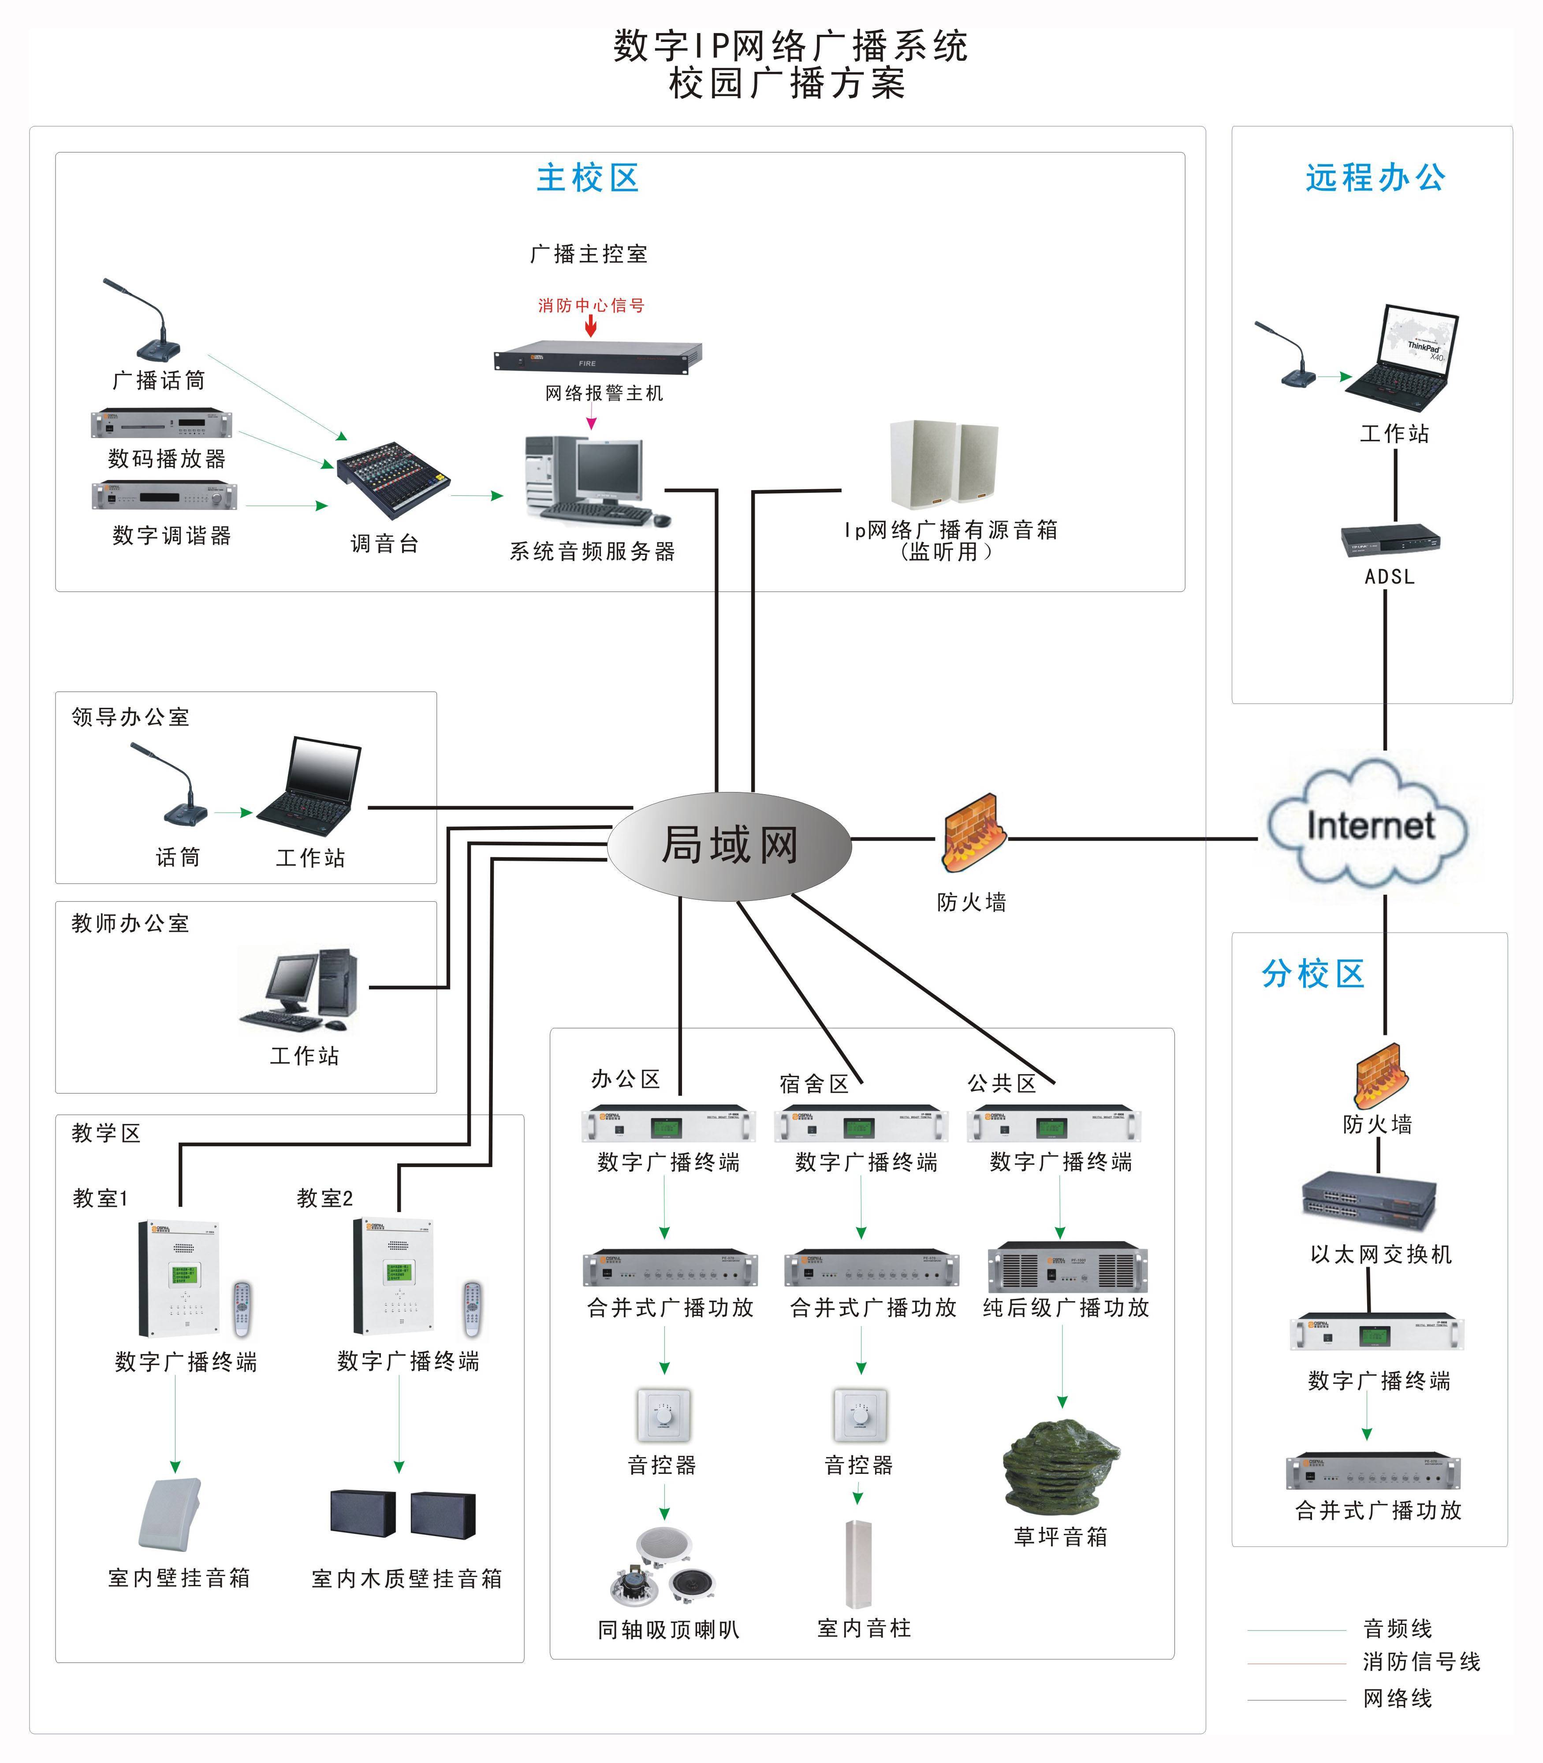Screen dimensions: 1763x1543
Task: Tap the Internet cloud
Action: (1369, 826)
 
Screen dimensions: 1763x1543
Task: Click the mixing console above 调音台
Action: (393, 479)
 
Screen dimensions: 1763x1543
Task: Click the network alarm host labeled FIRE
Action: (597, 357)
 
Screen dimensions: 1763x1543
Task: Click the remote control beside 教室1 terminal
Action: (243, 1309)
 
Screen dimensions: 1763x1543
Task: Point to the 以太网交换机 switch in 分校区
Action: (1369, 1201)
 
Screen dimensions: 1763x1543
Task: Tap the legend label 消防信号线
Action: (1421, 1662)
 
